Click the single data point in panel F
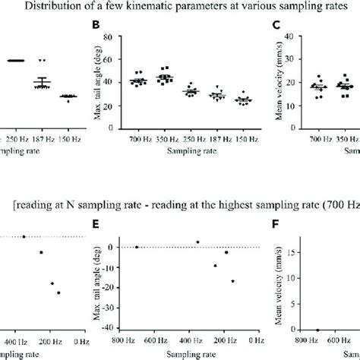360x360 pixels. click(317, 330)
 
